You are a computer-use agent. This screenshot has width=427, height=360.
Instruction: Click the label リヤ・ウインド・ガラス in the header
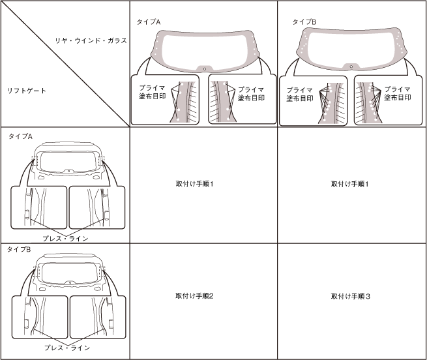91,40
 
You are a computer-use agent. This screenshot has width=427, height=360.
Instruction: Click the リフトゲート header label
27,90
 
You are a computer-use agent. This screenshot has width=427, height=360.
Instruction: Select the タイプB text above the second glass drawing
304,22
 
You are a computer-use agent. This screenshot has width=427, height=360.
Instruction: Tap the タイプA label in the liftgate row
20,136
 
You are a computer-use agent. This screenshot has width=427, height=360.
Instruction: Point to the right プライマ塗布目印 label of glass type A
251,93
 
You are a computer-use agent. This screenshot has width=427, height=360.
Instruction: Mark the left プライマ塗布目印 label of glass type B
301,94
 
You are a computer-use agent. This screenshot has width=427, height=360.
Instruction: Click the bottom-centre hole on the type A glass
204,68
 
